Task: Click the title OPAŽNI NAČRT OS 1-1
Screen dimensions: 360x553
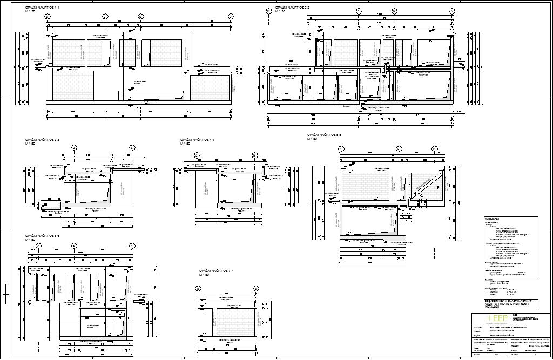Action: coord(43,8)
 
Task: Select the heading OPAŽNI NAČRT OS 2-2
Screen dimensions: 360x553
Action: coord(292,8)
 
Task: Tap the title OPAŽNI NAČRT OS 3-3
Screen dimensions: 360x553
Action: coord(42,140)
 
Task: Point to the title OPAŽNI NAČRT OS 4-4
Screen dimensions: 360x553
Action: coord(198,140)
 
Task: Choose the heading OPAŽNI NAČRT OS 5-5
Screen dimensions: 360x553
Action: coord(325,135)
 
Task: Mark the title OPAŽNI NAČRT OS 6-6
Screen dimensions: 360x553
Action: coord(42,237)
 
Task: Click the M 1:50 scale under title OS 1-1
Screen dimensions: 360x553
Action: coord(30,11)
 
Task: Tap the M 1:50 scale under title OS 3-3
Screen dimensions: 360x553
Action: coord(30,144)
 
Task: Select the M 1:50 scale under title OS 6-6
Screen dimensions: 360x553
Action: coord(30,241)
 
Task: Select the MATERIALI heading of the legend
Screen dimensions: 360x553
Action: coord(492,219)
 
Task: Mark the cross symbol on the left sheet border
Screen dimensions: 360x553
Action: coord(6,295)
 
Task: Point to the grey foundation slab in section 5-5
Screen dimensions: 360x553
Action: coord(373,238)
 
